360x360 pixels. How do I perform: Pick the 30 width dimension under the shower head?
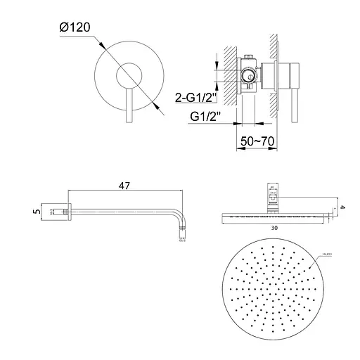[x=275, y=229]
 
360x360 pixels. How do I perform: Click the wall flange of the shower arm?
[x=68, y=210]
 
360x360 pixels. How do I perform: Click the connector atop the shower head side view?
[x=274, y=195]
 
